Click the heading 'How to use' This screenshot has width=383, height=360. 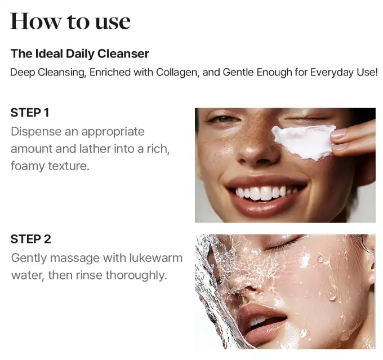tap(70, 21)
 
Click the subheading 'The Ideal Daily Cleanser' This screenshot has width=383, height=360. tap(80, 54)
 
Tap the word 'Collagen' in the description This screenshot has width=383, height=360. tap(176, 72)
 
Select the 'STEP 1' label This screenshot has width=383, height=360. tap(30, 113)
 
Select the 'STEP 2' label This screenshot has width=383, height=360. tap(31, 239)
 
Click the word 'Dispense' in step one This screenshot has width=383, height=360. tap(36, 132)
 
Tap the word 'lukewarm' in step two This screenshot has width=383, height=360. tap(156, 258)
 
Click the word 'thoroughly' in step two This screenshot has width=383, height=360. tap(136, 275)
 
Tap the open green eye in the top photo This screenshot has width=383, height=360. tap(225, 119)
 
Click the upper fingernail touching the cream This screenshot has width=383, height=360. tap(339, 134)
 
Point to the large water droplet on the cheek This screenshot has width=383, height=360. tap(332, 294)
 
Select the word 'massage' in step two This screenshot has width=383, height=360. tap(75, 259)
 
